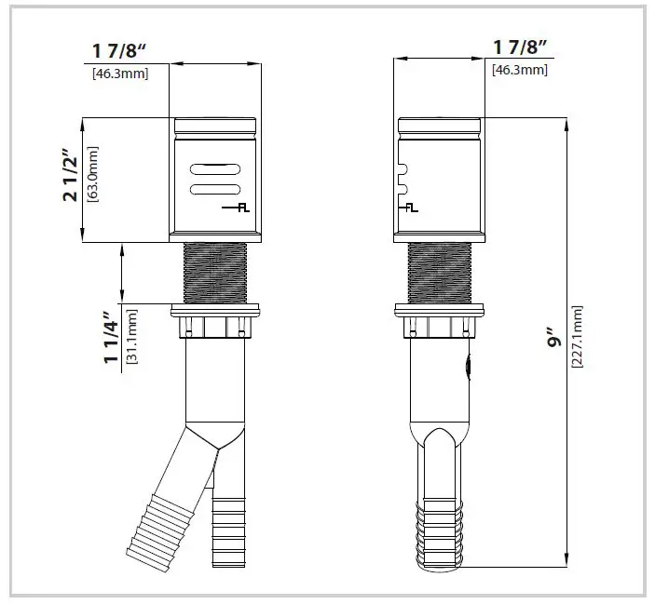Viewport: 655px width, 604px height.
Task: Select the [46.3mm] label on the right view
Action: [x=520, y=70]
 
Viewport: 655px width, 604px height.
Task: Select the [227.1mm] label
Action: [x=578, y=337]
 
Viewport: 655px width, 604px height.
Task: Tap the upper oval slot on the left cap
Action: [x=215, y=169]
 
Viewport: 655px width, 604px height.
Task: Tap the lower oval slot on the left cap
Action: [x=215, y=191]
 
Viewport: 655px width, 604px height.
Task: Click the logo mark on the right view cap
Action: [x=408, y=208]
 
